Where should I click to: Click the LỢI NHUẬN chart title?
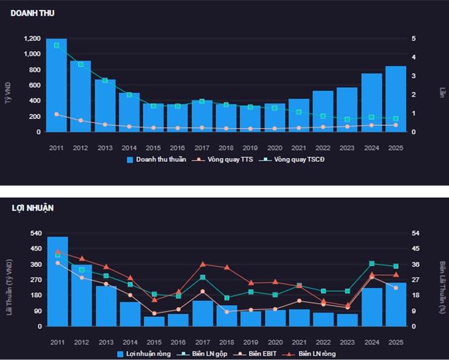click(32, 208)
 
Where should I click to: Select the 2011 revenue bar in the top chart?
click(56, 86)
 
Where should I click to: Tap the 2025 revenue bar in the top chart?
click(395, 99)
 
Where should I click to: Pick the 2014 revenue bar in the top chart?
click(129, 112)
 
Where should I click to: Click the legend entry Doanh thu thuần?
click(156, 160)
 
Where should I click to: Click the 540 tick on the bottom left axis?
click(34, 234)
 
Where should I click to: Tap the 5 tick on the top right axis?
click(415, 39)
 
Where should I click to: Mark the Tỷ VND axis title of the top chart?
click(9, 86)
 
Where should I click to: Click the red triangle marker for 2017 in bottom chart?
click(203, 264)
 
